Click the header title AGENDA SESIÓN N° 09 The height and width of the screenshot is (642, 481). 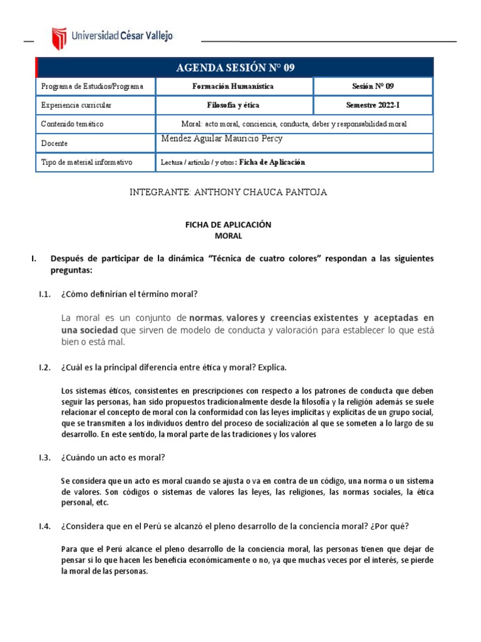point(234,67)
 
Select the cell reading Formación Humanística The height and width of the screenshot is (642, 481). point(233,87)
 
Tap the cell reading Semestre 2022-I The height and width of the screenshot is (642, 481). point(373,105)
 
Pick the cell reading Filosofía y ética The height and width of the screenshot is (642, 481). point(233,105)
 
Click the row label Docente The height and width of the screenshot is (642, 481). point(54,144)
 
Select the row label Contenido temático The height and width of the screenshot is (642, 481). point(73,124)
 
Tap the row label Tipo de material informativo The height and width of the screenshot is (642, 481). point(86,162)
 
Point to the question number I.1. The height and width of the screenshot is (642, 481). point(44,295)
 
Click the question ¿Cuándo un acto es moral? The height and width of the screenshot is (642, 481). point(113,457)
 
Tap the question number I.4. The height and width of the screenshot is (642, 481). point(44,526)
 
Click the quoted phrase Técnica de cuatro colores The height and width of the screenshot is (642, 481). point(267,259)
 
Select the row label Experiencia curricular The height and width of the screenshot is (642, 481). point(76,105)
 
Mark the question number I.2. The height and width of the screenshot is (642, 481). point(44,367)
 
